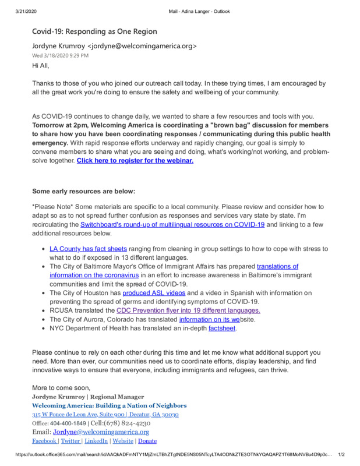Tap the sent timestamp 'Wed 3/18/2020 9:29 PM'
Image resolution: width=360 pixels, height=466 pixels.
click(60, 55)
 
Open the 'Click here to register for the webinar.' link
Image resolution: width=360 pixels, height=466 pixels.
click(135, 160)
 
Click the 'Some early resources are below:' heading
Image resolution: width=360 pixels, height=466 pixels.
click(83, 191)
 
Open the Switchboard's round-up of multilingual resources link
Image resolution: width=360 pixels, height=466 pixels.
click(172, 224)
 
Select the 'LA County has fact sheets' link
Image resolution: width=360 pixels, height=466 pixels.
click(89, 249)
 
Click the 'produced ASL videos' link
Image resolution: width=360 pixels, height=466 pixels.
click(154, 292)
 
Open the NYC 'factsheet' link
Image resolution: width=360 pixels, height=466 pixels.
click(223, 328)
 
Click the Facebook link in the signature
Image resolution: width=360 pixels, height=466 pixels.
click(44, 441)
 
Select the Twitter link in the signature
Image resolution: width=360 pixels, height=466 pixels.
click(70, 441)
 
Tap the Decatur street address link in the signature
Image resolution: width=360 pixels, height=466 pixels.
click(105, 414)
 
